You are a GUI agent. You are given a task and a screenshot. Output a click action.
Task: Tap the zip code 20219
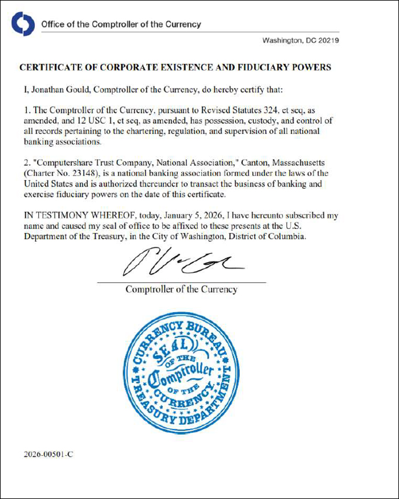[x=328, y=40]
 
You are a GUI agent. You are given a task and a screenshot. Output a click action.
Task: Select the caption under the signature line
[x=181, y=289]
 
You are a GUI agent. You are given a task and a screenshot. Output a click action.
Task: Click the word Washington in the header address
[x=283, y=40]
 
